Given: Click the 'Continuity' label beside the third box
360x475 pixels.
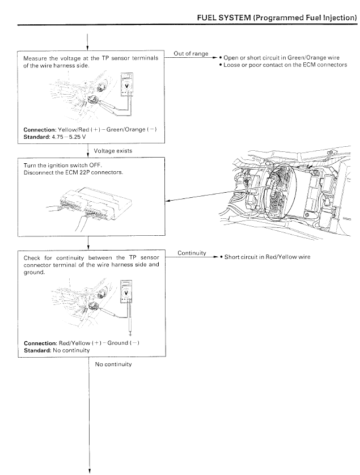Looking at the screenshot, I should pyautogui.click(x=191, y=254).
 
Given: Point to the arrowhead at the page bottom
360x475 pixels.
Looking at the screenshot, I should pyautogui.click(x=90, y=470).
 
